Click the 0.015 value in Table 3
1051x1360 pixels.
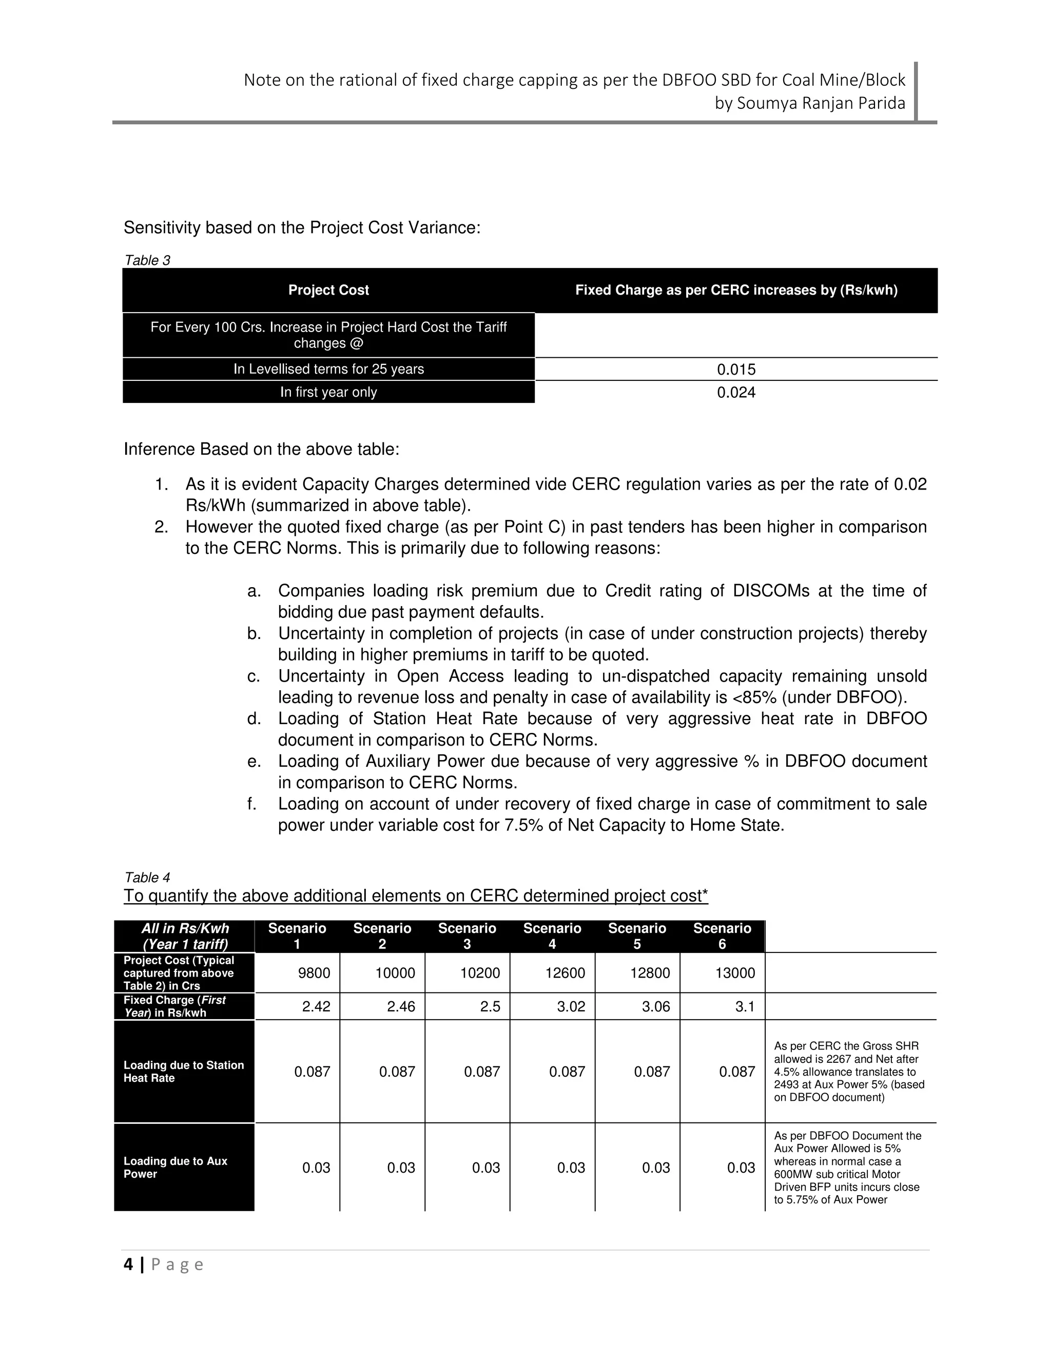[x=736, y=370]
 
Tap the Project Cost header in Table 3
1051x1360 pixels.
[x=328, y=290]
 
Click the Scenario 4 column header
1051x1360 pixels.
[x=552, y=936]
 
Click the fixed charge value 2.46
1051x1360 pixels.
[x=400, y=1006]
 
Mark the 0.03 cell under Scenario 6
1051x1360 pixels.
[x=741, y=1168]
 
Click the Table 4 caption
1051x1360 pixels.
[x=147, y=878]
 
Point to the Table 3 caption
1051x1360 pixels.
[x=147, y=260]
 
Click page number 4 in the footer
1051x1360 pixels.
[x=128, y=1264]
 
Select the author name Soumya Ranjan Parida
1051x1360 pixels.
[x=821, y=103]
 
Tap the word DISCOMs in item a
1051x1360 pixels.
[x=771, y=590]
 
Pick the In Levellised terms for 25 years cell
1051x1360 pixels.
[x=328, y=370]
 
